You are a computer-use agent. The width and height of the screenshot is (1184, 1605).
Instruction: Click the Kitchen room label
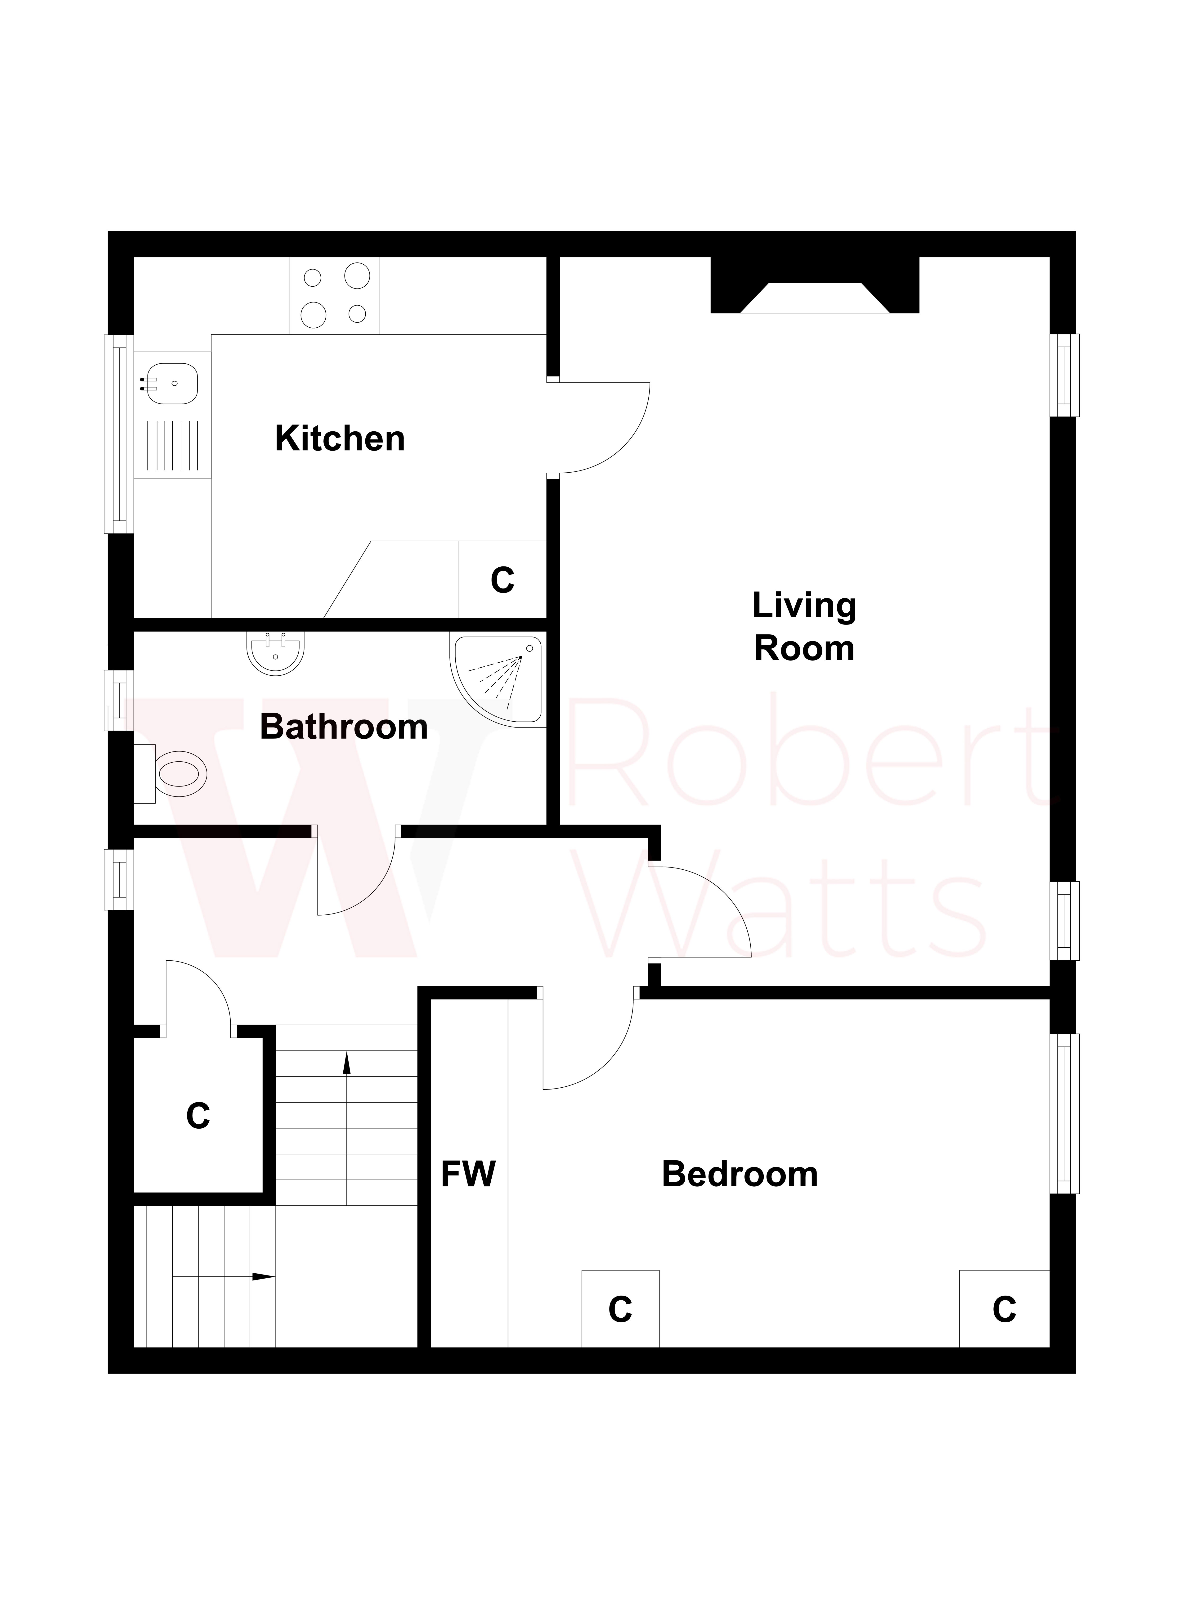coord(340,439)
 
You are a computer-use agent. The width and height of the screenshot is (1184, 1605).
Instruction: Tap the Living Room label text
coord(804,627)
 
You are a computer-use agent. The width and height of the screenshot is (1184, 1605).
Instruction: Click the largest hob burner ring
coord(357,275)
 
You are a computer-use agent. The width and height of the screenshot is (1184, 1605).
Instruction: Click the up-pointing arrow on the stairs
coord(347,1063)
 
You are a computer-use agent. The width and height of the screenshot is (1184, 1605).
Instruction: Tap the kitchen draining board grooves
coord(172,446)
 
